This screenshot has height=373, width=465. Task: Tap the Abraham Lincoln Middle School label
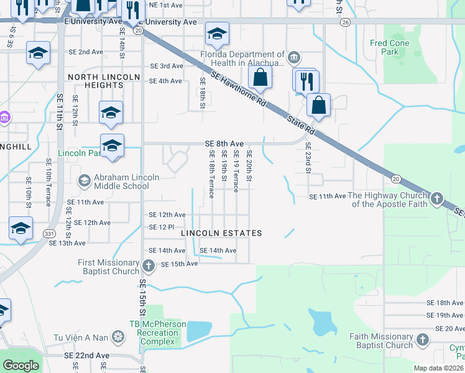tap(126, 182)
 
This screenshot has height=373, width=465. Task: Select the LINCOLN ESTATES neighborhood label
tap(221, 233)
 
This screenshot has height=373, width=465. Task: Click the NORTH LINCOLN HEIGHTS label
tap(104, 81)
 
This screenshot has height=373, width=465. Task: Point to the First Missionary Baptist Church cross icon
tap(148, 267)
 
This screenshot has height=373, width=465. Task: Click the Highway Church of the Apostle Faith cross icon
tap(437, 199)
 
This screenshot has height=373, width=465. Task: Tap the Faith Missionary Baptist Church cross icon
tap(423, 340)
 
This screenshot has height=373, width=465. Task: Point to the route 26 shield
tap(344, 22)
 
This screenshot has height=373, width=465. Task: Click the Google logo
tap(21, 366)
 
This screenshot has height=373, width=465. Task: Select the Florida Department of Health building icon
tap(294, 59)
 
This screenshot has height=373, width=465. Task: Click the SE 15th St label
tap(142, 295)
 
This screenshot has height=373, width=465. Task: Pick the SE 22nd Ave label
tap(86, 356)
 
